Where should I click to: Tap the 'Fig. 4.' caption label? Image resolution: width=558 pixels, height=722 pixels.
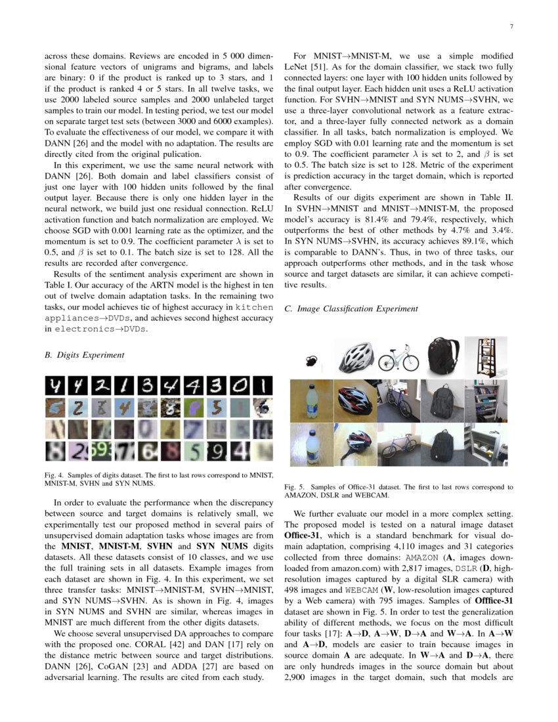54,475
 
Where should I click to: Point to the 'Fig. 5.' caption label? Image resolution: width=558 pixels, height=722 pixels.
295,488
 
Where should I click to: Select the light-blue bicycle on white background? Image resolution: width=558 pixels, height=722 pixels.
398,357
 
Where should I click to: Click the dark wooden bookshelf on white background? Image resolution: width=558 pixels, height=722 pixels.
485,357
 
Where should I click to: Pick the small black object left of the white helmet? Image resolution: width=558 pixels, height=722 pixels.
311,360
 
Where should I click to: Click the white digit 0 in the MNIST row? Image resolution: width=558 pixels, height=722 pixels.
241,385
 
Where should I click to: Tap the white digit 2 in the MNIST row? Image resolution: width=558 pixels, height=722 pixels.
102,385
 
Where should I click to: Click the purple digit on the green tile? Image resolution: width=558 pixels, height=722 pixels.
194,408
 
